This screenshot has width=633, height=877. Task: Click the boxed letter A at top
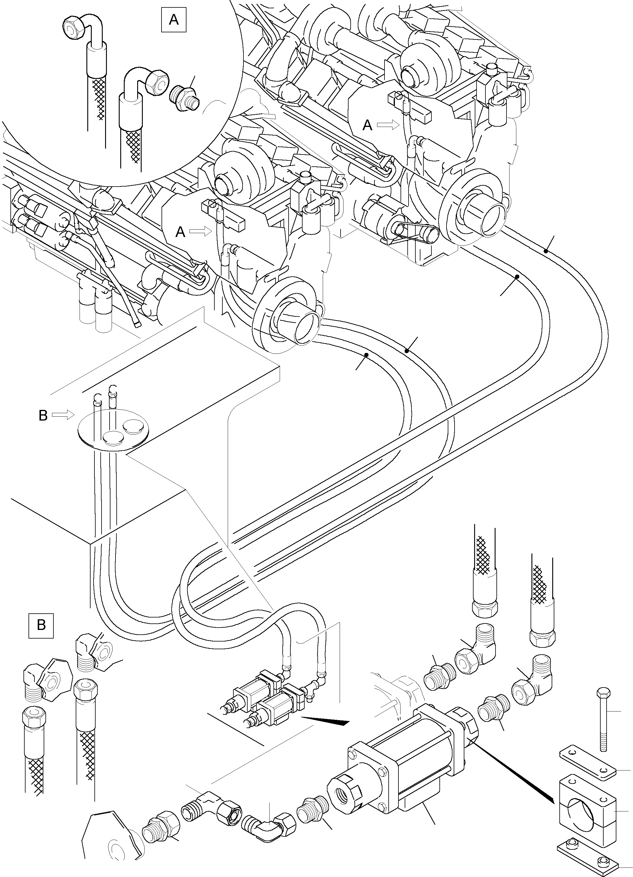coord(173,19)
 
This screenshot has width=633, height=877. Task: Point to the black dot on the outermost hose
coord(545,251)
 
